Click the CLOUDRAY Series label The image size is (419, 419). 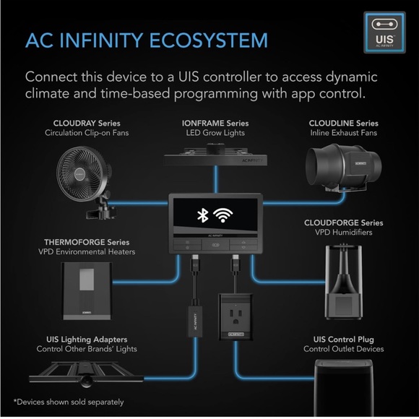(x=85, y=123)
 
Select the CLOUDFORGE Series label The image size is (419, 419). (x=345, y=223)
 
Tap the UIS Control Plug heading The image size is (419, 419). (x=344, y=339)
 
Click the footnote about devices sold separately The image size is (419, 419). (x=68, y=402)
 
